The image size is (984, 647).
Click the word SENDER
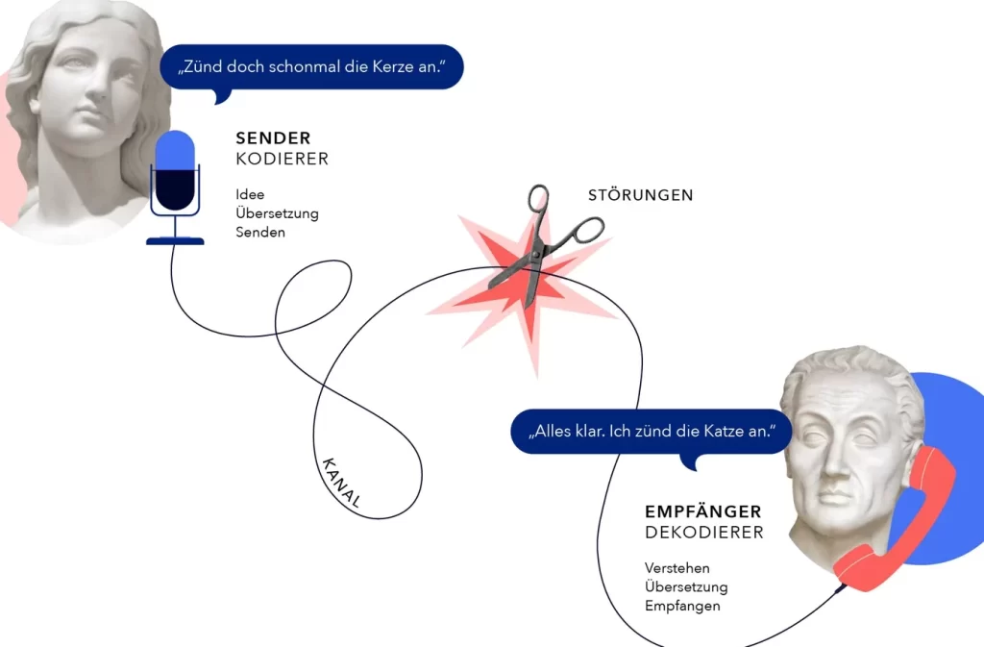tap(273, 138)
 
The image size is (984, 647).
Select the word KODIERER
tap(282, 159)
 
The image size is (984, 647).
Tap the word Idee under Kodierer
tap(250, 194)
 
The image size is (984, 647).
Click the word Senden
tap(260, 233)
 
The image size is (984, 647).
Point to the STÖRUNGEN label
tap(641, 195)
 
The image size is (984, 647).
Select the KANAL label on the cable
tap(341, 482)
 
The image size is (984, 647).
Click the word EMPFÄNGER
tap(702, 511)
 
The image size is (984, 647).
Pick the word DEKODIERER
tap(704, 533)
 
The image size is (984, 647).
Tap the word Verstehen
tap(677, 568)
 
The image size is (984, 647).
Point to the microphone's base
tap(175, 241)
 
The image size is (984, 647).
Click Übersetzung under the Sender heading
tap(277, 213)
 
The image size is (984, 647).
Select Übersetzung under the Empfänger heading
tap(686, 586)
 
